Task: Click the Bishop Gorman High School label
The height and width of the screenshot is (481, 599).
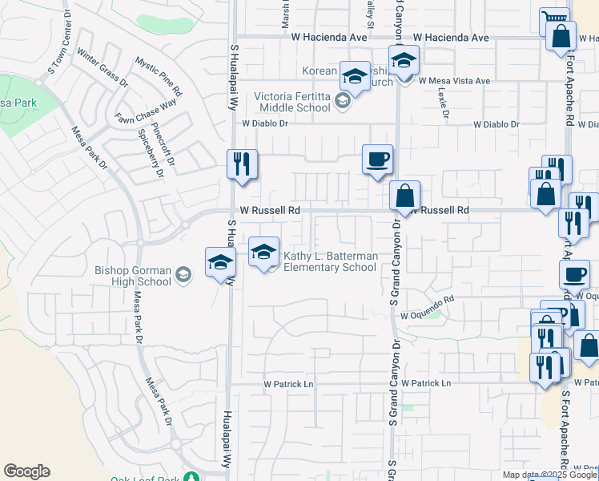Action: pyautogui.click(x=132, y=276)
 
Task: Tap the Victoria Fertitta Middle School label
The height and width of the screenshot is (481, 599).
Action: pyautogui.click(x=292, y=102)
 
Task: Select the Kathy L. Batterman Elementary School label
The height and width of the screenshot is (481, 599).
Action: pyautogui.click(x=330, y=262)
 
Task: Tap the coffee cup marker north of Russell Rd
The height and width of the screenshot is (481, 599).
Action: pyautogui.click(x=377, y=159)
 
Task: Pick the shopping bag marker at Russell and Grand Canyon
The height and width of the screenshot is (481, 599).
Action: pyautogui.click(x=405, y=195)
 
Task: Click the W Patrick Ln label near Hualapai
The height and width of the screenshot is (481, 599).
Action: pyautogui.click(x=289, y=384)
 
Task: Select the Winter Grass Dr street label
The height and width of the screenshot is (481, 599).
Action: pyautogui.click(x=103, y=67)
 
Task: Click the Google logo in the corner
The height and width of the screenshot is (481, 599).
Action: pyautogui.click(x=26, y=471)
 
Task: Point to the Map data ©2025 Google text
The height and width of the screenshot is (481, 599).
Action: pyautogui.click(x=549, y=475)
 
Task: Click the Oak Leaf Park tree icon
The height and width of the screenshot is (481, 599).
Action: pyautogui.click(x=191, y=478)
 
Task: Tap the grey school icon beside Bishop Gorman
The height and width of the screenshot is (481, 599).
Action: pyautogui.click(x=183, y=276)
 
